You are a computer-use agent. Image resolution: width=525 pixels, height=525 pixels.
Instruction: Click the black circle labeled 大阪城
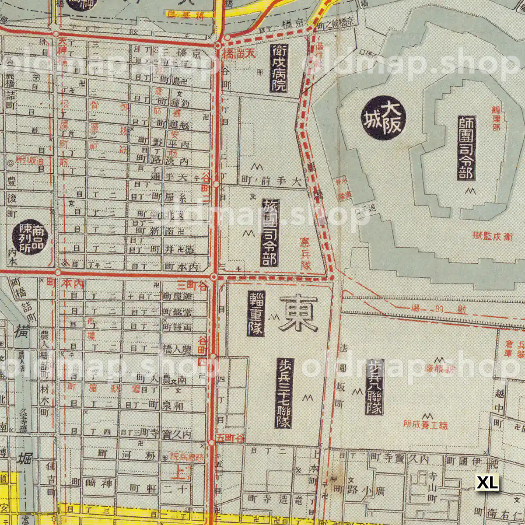(384, 118)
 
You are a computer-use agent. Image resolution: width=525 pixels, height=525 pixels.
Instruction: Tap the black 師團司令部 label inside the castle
(466, 148)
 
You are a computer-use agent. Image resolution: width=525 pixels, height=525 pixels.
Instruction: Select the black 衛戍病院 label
(279, 68)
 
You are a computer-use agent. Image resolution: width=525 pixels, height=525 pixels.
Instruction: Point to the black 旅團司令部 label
(269, 233)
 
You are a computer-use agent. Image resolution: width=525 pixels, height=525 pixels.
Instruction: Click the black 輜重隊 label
(256, 313)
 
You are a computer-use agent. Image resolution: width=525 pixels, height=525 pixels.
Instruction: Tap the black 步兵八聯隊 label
(374, 387)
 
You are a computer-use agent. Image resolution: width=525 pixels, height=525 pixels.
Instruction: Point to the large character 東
(298, 312)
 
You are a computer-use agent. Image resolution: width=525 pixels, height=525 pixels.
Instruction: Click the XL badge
(487, 483)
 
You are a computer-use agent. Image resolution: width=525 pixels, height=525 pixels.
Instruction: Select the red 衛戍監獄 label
(493, 236)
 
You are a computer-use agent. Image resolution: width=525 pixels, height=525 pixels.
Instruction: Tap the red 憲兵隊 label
(306, 253)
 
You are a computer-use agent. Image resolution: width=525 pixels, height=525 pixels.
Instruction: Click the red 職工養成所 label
(425, 424)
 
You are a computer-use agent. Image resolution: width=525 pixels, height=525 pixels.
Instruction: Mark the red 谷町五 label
(230, 438)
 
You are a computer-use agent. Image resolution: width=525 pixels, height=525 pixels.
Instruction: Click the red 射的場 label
(437, 309)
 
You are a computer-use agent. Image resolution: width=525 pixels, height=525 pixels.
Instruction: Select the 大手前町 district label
(271, 180)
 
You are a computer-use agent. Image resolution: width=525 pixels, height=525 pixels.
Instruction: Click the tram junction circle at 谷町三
(213, 277)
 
